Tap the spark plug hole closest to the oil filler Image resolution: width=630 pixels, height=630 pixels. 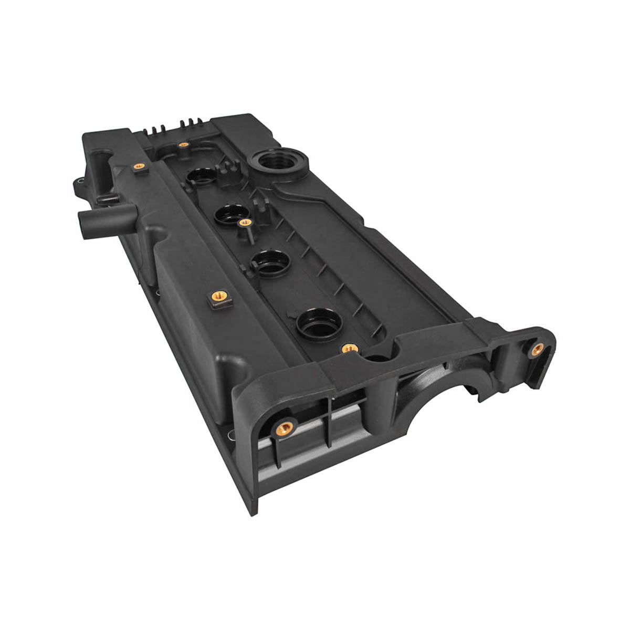coord(200,178)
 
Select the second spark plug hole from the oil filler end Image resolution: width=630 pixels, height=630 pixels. coord(230,212)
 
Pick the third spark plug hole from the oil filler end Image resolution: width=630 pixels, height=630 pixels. coord(269,260)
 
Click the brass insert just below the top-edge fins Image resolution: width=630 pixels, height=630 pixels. coord(183,144)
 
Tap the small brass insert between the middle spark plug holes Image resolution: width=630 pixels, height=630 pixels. coord(243,223)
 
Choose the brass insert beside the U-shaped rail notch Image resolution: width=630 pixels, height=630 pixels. coord(348,348)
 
